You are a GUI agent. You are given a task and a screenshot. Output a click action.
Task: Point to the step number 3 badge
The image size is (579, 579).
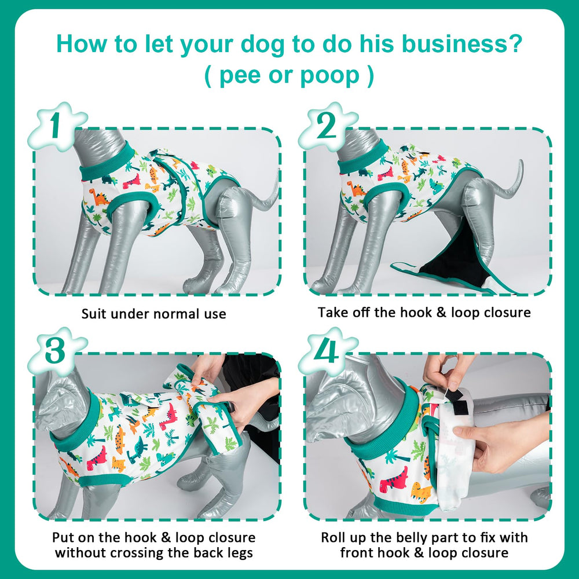coord(56,351)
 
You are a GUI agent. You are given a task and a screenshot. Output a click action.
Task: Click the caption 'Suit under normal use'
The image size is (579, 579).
coord(153,314)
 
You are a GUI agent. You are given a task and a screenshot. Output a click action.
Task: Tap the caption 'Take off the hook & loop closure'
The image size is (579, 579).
coord(424,313)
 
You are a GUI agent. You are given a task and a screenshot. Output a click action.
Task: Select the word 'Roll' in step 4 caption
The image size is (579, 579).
coord(334,537)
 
